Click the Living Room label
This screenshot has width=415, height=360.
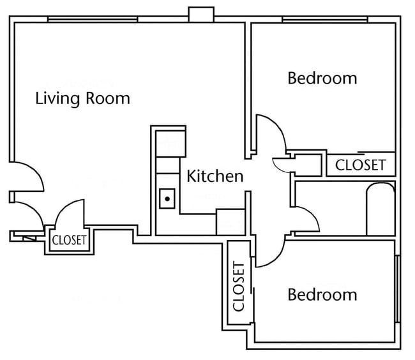click(82, 98)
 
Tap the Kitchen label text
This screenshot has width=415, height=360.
click(215, 176)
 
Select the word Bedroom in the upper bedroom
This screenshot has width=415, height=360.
click(322, 79)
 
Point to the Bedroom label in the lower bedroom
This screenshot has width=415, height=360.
click(322, 294)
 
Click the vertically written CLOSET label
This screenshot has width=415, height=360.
click(239, 286)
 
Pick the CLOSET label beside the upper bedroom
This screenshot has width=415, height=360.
click(361, 165)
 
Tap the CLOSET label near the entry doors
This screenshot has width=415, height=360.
click(69, 241)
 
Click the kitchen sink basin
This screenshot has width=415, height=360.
click(167, 199)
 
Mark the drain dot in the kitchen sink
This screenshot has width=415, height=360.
click(167, 199)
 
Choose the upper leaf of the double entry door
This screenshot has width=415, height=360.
click(27, 176)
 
